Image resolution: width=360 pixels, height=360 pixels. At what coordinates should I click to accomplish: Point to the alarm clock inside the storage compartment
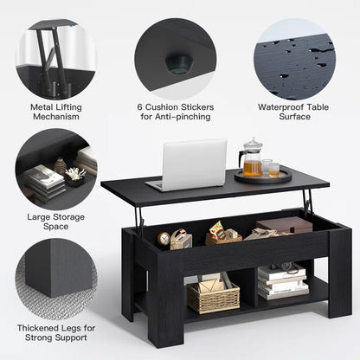coord(163,238)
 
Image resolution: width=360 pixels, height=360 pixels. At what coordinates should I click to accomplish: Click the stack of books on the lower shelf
coord(282,280)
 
